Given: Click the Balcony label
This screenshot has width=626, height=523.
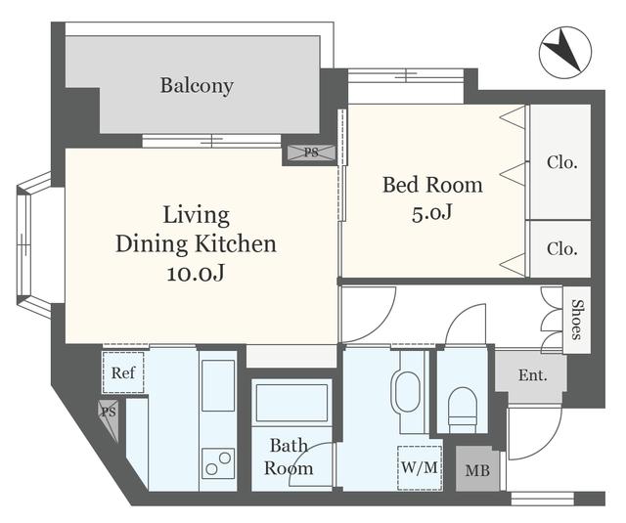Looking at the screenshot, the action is [197, 86].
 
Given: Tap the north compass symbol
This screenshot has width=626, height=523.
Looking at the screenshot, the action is [565, 52].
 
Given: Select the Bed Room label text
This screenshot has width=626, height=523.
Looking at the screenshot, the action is [432, 185].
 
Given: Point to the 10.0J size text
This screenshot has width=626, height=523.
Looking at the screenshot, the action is [196, 274].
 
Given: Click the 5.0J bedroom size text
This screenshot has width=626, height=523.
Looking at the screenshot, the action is [432, 213].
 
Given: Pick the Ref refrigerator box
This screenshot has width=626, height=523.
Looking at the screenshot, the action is [123, 372].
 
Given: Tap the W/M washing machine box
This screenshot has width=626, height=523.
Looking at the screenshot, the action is [420, 467].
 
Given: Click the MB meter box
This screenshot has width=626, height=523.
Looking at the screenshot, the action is [477, 469].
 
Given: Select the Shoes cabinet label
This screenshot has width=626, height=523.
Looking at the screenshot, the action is [577, 320].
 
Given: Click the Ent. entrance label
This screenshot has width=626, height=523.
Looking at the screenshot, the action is [532, 375].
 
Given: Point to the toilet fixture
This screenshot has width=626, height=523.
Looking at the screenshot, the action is [463, 411].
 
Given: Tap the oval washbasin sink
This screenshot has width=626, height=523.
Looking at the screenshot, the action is [407, 392].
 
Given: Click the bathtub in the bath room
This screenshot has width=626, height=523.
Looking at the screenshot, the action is [291, 403].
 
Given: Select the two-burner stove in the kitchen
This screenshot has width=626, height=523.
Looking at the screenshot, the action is [218, 463].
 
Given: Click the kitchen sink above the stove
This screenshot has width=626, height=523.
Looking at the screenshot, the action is [218, 385].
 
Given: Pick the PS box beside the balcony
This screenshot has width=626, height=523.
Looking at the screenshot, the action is [311, 153].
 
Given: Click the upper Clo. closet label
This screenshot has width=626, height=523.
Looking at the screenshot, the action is [562, 162].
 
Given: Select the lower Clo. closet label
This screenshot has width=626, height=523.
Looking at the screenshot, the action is [562, 249].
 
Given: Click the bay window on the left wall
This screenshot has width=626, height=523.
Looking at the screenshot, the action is [34, 245].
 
